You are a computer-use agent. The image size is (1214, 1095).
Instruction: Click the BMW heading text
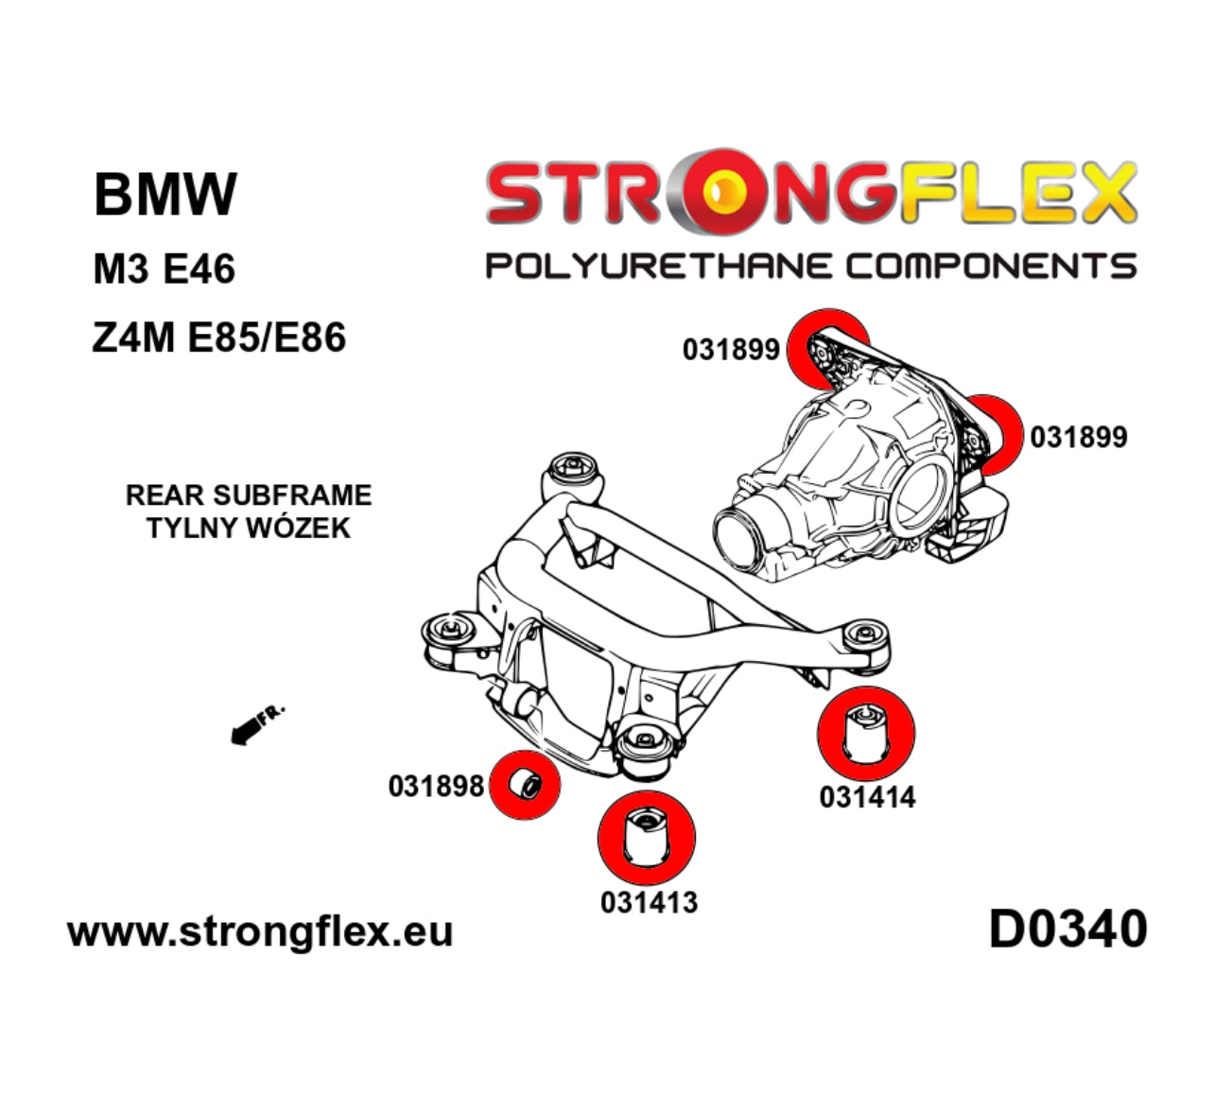165,194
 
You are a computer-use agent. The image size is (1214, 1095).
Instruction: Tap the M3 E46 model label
164,269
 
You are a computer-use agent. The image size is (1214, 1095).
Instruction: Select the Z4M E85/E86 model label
219,337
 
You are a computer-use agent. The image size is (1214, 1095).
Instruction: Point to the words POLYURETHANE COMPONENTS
810,266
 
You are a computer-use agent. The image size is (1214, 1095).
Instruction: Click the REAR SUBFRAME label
249,495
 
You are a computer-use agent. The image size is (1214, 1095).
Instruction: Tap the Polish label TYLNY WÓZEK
249,528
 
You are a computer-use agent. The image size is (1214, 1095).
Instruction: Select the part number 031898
436,786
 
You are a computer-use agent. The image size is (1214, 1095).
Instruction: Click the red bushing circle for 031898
525,785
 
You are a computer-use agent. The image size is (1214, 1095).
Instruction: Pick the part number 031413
649,902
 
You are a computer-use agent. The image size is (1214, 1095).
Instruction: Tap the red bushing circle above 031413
647,836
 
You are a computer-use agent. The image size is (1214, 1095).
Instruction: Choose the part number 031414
867,797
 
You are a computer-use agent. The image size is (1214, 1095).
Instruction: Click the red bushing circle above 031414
867,734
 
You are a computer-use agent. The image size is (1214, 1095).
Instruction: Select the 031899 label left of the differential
731,350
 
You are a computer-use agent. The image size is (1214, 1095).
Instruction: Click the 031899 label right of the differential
1079,437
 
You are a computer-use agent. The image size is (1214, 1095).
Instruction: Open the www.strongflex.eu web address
260,931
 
